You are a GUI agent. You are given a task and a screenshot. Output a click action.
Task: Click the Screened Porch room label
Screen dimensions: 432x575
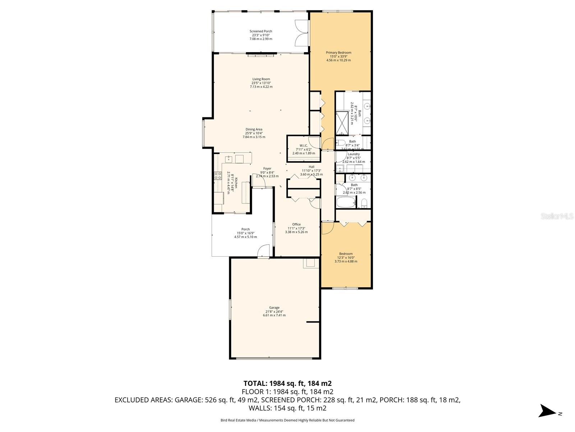click(x=261, y=32)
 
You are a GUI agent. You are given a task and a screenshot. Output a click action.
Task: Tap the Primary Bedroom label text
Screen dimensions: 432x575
click(x=339, y=53)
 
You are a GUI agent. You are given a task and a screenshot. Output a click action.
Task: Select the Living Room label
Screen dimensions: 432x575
click(x=261, y=79)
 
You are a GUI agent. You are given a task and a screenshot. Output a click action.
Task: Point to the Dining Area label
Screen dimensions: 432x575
click(x=254, y=130)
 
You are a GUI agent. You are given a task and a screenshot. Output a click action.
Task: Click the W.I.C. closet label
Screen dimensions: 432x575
click(x=303, y=146)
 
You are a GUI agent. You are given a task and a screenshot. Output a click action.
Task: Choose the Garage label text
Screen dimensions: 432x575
click(x=274, y=308)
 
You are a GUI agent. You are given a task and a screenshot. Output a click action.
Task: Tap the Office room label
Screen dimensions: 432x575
click(x=296, y=225)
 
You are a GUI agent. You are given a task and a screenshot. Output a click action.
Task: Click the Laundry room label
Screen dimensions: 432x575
click(x=354, y=154)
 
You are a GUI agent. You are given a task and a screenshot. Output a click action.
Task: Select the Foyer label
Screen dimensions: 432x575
click(x=267, y=168)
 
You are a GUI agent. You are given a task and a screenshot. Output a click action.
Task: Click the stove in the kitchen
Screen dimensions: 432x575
click(x=218, y=176)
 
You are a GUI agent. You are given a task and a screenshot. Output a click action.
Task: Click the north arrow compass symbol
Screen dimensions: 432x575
click(x=548, y=411)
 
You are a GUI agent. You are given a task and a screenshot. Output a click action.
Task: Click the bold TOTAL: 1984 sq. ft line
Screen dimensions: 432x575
click(x=287, y=383)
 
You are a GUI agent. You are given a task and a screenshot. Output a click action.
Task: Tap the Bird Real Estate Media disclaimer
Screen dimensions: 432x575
click(x=287, y=420)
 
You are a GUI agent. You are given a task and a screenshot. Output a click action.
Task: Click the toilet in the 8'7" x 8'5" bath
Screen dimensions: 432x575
click(x=364, y=203)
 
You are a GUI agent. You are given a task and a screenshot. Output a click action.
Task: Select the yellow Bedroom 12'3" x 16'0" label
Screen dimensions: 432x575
click(x=346, y=254)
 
